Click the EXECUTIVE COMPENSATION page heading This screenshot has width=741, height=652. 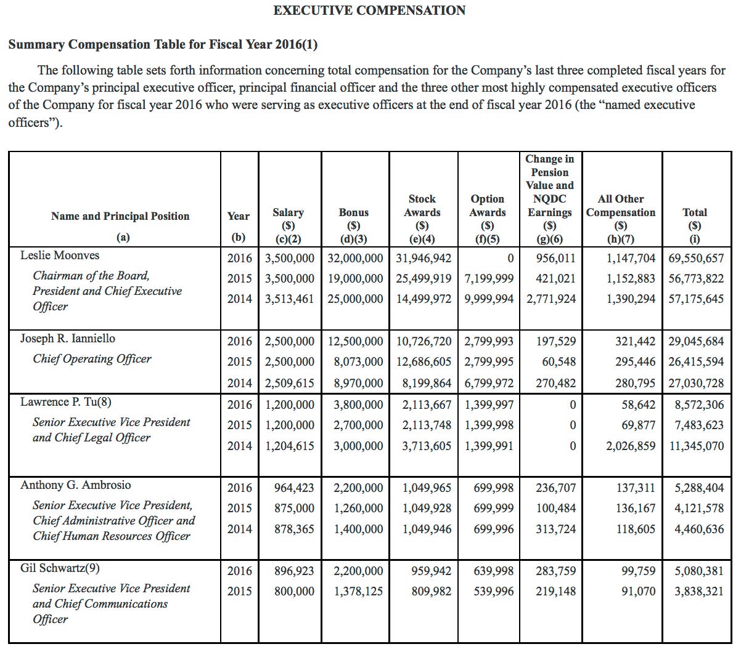(369, 10)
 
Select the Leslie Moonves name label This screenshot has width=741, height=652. (59, 256)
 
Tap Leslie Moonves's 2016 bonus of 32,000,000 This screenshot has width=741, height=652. (355, 259)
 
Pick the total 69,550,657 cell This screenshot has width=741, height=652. (696, 259)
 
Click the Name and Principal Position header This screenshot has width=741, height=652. (120, 216)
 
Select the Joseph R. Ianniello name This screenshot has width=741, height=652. (67, 339)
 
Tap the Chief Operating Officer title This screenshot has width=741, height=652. (92, 359)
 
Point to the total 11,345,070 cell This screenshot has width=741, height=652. (696, 446)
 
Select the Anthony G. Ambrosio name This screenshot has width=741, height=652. (75, 485)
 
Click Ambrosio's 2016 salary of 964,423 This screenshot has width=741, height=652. (293, 488)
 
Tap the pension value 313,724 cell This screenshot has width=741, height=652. (555, 529)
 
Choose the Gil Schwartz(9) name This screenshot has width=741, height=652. (60, 568)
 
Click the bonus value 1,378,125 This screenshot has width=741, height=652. (358, 592)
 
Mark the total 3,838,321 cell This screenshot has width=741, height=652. (698, 592)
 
